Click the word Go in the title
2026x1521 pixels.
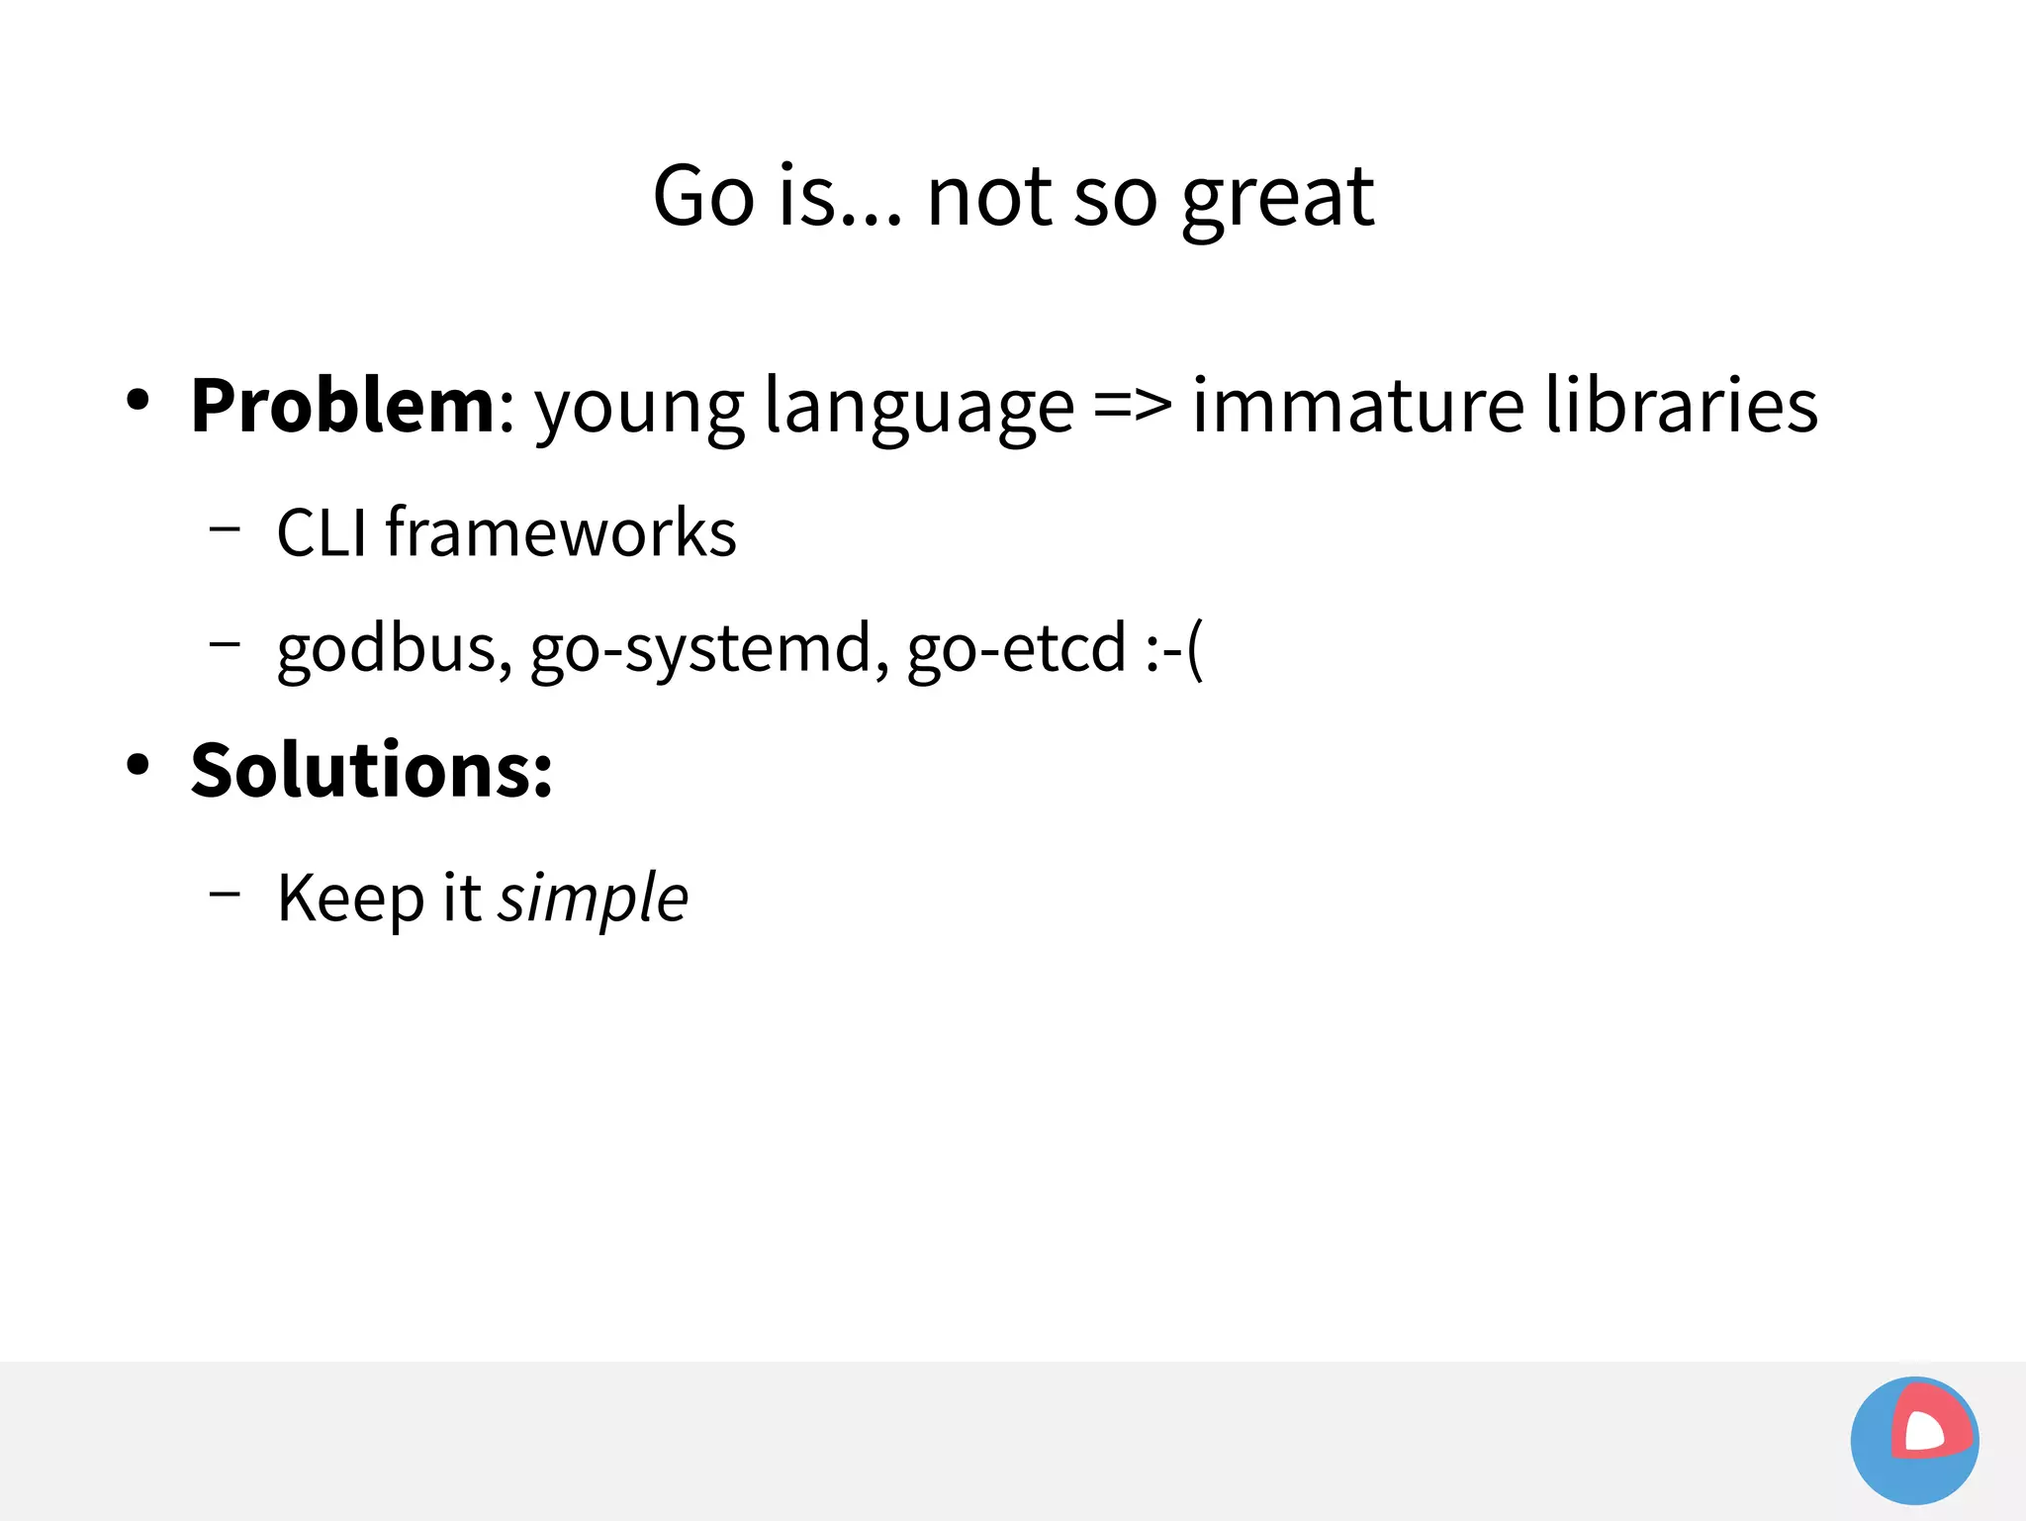point(703,197)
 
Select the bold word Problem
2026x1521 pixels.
point(342,406)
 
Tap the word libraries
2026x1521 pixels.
point(1682,406)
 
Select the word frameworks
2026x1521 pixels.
point(561,533)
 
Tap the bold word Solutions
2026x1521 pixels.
point(372,771)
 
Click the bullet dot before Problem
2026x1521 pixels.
point(138,401)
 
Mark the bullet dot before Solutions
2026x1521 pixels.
point(138,765)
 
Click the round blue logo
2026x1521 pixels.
point(1914,1441)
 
